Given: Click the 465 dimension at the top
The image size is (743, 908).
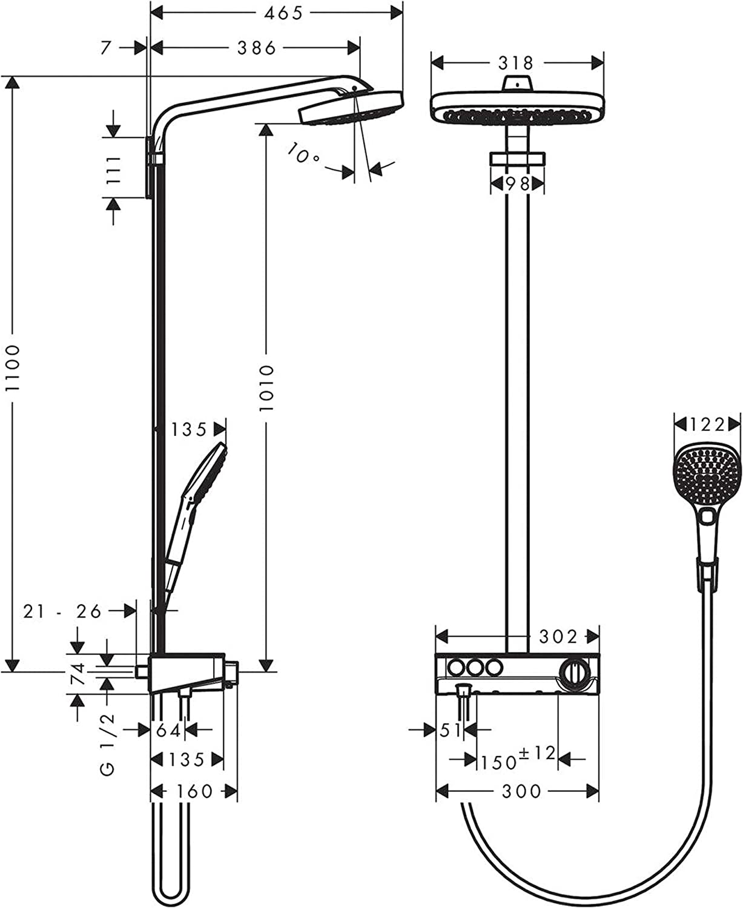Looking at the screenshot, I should tap(283, 13).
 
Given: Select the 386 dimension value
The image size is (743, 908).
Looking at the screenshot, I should tap(256, 48).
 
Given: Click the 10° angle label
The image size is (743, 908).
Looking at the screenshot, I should tap(304, 154).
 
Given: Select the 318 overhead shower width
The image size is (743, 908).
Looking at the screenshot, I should tap(516, 62).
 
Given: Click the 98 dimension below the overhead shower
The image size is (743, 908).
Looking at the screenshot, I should tap(517, 183).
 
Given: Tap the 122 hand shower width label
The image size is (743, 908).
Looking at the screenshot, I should tap(707, 425).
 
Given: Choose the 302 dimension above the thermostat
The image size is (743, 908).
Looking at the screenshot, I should tap(558, 636).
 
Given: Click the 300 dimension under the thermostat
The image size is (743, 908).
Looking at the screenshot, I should tap(521, 791).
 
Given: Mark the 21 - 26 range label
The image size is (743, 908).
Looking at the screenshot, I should tap(62, 611).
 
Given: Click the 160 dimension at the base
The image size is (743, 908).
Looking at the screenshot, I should tap(195, 791).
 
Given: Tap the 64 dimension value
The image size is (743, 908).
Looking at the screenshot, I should tap(169, 731).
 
